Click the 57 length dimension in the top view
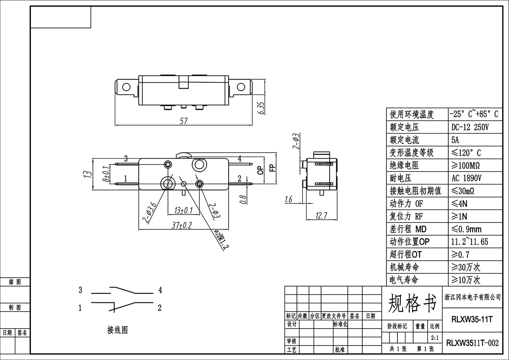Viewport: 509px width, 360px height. (184, 121)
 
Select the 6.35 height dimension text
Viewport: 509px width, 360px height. (262, 108)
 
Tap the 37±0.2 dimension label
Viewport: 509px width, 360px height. (182, 225)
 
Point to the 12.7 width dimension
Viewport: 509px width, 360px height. (322, 215)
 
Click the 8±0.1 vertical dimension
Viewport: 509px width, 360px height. (106, 174)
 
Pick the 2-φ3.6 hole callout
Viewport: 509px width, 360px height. (149, 212)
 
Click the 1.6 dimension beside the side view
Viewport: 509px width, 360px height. (288, 200)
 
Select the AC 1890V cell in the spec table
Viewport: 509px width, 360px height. (467, 178)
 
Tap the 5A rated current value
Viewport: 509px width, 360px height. (455, 140)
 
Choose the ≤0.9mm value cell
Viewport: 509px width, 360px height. (466, 229)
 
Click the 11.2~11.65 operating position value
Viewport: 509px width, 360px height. (470, 242)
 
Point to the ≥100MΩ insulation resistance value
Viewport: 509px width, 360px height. (466, 165)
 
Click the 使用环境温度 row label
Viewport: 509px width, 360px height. (412, 114)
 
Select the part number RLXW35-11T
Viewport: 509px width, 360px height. (472, 320)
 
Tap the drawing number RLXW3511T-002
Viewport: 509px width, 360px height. (473, 343)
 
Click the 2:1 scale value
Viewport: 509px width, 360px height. (435, 338)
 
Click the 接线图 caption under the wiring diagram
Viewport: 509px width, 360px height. (117, 330)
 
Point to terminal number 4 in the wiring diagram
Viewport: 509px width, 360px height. (160, 290)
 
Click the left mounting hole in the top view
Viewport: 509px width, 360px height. (126, 87)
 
